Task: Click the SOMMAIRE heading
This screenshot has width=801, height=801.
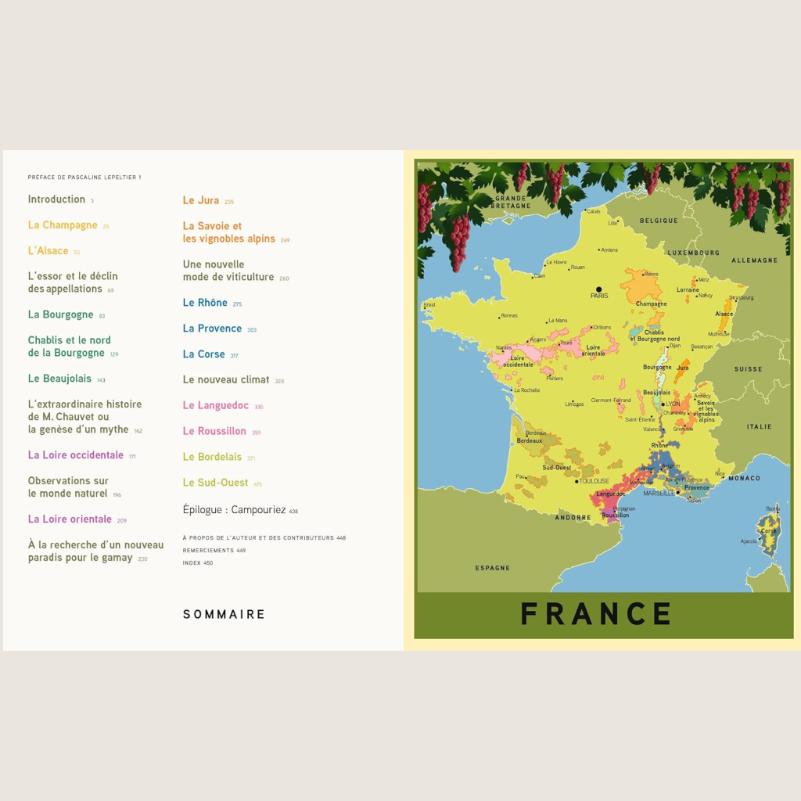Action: pyautogui.click(x=224, y=614)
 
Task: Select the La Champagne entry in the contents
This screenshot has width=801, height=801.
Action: pyautogui.click(x=63, y=225)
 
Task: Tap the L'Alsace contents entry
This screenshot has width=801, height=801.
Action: pyautogui.click(x=48, y=251)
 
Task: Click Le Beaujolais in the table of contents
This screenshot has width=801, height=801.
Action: pyautogui.click(x=60, y=379)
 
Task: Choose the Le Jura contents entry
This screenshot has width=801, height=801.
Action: pyautogui.click(x=201, y=200)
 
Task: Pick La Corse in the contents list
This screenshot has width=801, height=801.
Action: pyautogui.click(x=204, y=354)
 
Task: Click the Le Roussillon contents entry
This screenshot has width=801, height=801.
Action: pyautogui.click(x=214, y=431)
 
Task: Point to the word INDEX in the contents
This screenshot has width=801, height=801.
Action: pyautogui.click(x=192, y=562)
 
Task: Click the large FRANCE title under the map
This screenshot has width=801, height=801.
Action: pyautogui.click(x=596, y=614)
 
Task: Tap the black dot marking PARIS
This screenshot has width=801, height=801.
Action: pyautogui.click(x=599, y=289)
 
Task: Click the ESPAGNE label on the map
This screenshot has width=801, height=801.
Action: pyautogui.click(x=493, y=568)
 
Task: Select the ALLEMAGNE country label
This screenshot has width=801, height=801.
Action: pyautogui.click(x=755, y=260)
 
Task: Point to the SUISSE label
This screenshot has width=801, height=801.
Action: pyautogui.click(x=748, y=368)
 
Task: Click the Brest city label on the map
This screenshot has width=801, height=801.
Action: pyautogui.click(x=429, y=305)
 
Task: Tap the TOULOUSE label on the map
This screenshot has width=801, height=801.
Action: pyautogui.click(x=594, y=481)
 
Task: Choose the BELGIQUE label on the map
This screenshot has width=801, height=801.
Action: pyautogui.click(x=659, y=221)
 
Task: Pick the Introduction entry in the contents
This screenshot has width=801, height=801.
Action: pyautogui.click(x=56, y=199)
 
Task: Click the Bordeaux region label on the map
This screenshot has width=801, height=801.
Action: pyautogui.click(x=530, y=440)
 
